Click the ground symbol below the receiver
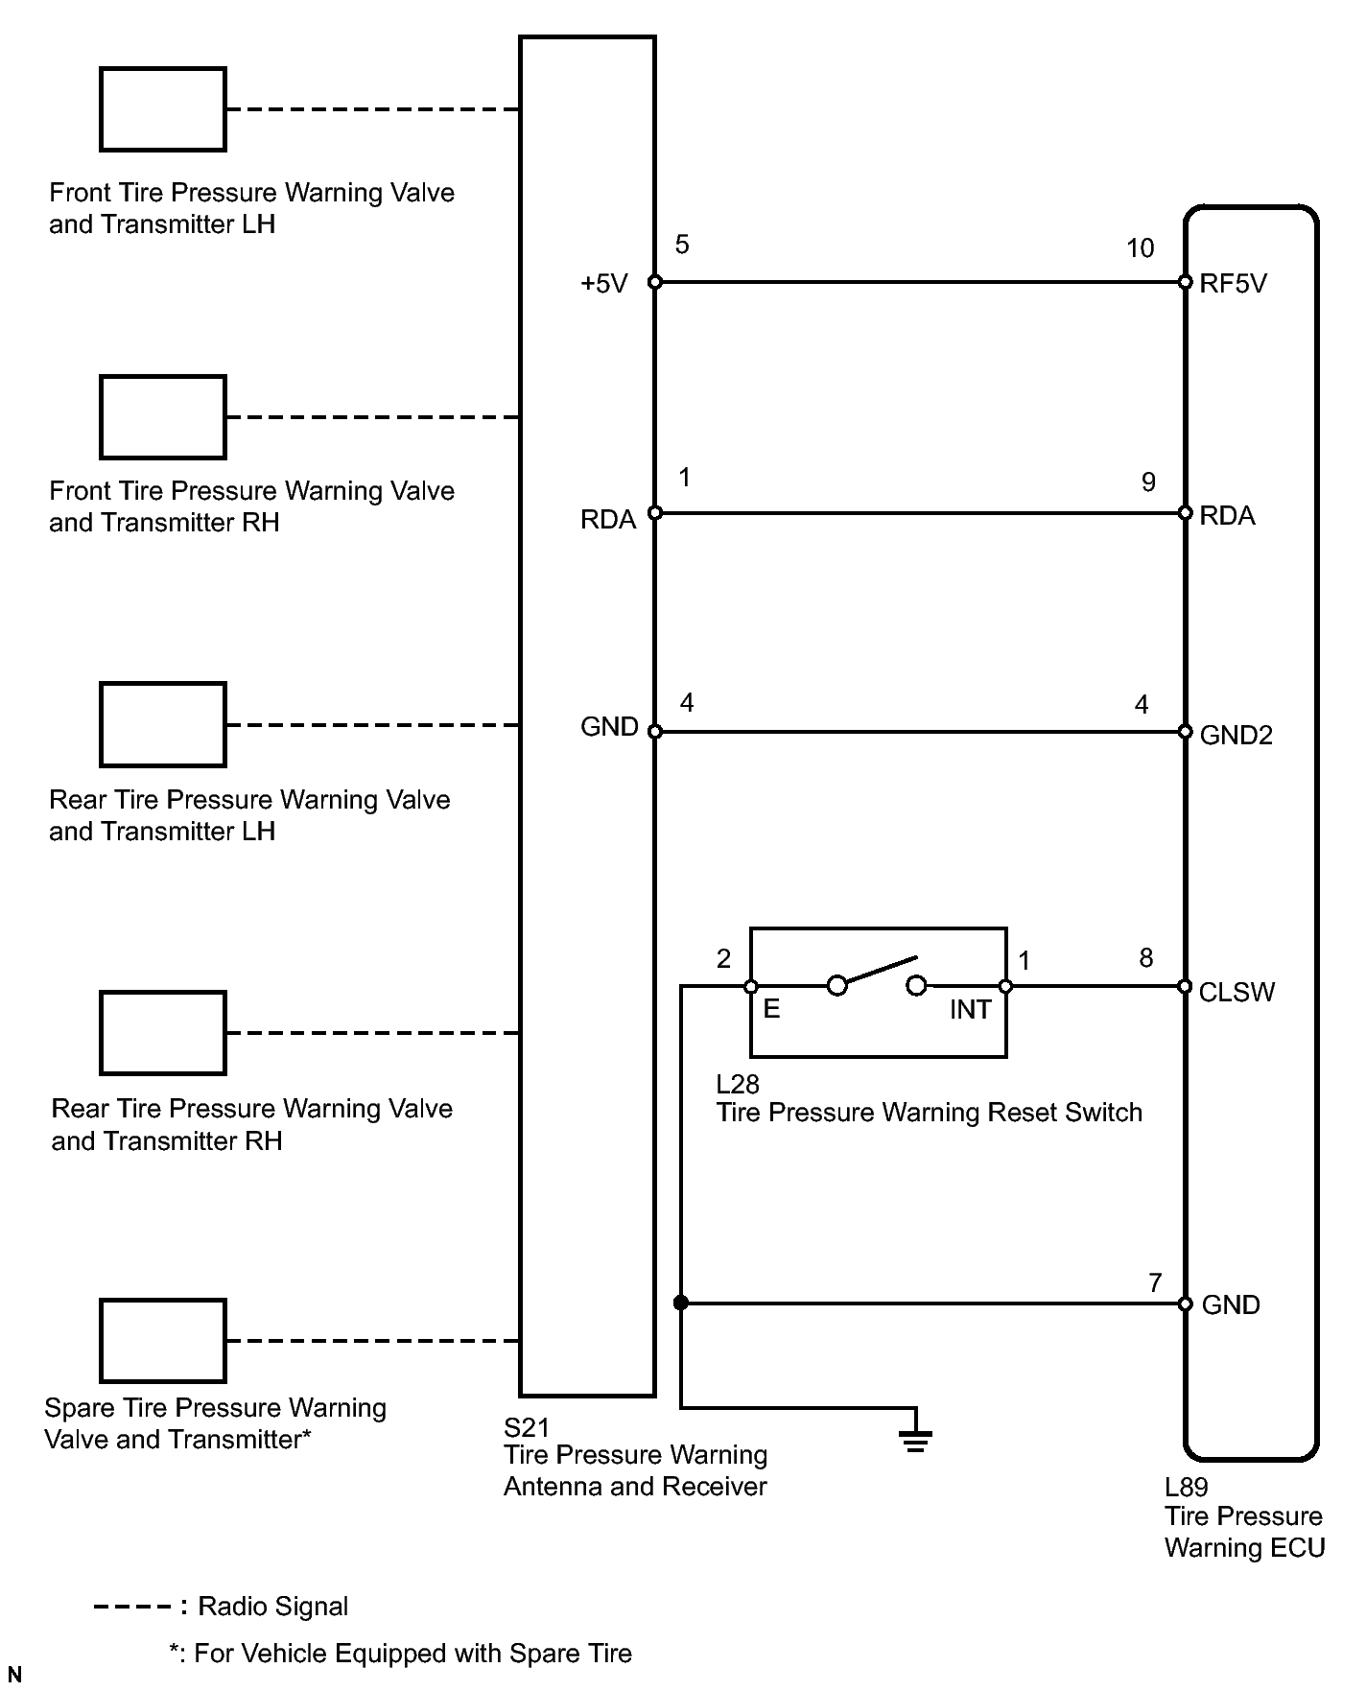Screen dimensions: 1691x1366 (915, 1440)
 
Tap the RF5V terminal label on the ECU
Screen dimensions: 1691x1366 (1233, 284)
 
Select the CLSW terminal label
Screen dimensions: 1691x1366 (1236, 992)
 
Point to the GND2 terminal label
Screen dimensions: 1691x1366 (1236, 735)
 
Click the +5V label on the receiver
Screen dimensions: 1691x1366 (603, 284)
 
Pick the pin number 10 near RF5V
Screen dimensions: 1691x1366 (1140, 248)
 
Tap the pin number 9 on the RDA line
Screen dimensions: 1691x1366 (1148, 481)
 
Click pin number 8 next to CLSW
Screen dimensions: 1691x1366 (1145, 958)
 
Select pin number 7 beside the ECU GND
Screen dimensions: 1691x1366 (1155, 1282)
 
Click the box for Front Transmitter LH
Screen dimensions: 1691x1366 (163, 109)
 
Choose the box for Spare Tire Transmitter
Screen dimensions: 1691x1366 (163, 1341)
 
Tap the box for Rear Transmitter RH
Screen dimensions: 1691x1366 (163, 1033)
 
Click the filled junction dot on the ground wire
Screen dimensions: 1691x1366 (681, 1303)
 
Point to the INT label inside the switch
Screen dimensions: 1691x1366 (970, 1010)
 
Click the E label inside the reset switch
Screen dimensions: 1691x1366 (771, 1010)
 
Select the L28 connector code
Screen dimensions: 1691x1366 (738, 1084)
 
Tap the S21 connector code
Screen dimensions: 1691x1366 (527, 1426)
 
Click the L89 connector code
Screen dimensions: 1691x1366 (1186, 1488)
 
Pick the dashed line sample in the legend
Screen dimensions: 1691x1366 (132, 1607)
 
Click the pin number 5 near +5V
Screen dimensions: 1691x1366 (682, 245)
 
